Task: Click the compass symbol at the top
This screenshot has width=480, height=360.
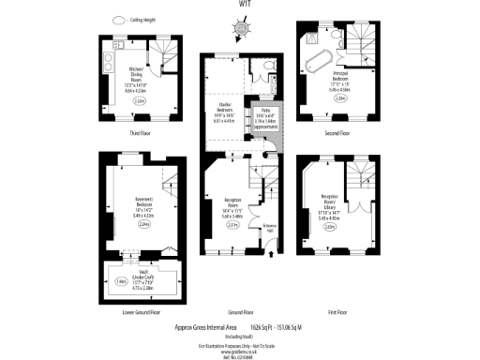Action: click(240, 27)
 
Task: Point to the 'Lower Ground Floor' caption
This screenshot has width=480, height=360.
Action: click(141, 311)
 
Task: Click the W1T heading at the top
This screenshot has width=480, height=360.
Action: click(240, 5)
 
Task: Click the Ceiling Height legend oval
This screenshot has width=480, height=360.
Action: click(118, 20)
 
